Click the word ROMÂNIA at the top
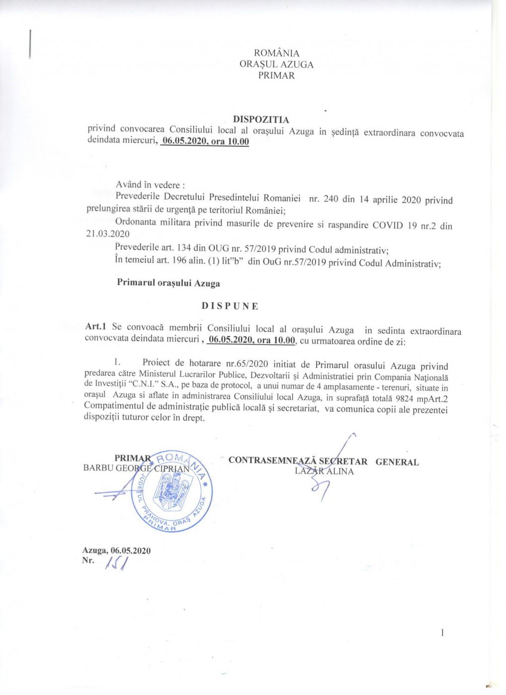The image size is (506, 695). pyautogui.click(x=276, y=53)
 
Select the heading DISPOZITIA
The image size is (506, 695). pyautogui.click(x=261, y=119)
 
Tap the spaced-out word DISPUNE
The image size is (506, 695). pyautogui.click(x=230, y=306)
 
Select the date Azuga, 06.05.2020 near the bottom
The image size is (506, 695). pyautogui.click(x=116, y=551)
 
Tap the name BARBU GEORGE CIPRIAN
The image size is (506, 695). pyautogui.click(x=136, y=468)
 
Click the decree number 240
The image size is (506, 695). pyautogui.click(x=331, y=200)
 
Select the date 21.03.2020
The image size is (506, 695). pyautogui.click(x=107, y=234)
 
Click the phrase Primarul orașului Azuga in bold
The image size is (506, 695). pyautogui.click(x=168, y=283)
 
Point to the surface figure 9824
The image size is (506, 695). pyautogui.click(x=402, y=399)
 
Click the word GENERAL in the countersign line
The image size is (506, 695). pyautogui.click(x=397, y=462)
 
